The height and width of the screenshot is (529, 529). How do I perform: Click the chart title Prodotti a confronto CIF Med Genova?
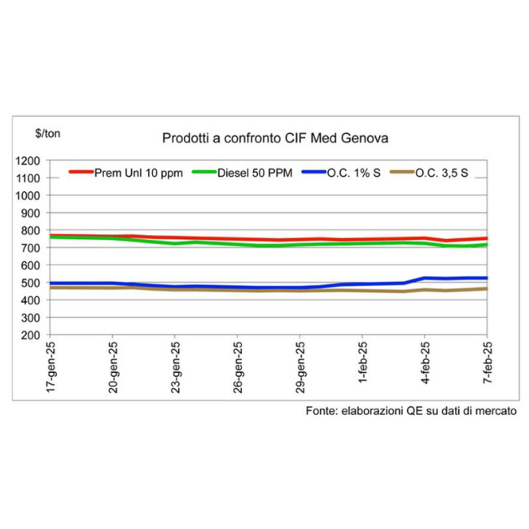point(274,138)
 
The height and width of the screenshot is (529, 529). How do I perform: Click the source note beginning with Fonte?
point(411,413)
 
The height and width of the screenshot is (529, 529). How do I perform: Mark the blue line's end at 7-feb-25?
point(487,278)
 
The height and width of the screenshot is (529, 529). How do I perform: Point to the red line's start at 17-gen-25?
point(50,235)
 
